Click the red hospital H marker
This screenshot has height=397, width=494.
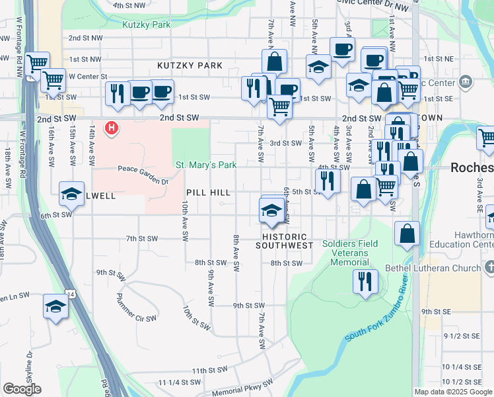[112, 127]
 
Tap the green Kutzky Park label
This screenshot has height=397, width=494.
[146, 25]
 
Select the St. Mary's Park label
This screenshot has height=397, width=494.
[205, 165]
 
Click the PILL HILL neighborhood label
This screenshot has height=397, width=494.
[208, 193]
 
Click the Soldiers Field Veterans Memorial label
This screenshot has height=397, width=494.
[350, 253]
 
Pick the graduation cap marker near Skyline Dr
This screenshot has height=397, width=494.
[55, 306]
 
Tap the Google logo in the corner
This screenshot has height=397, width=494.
[22, 389]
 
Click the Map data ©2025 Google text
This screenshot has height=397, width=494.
[453, 392]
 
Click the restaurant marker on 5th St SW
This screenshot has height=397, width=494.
[327, 179]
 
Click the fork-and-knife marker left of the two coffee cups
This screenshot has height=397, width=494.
[116, 93]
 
